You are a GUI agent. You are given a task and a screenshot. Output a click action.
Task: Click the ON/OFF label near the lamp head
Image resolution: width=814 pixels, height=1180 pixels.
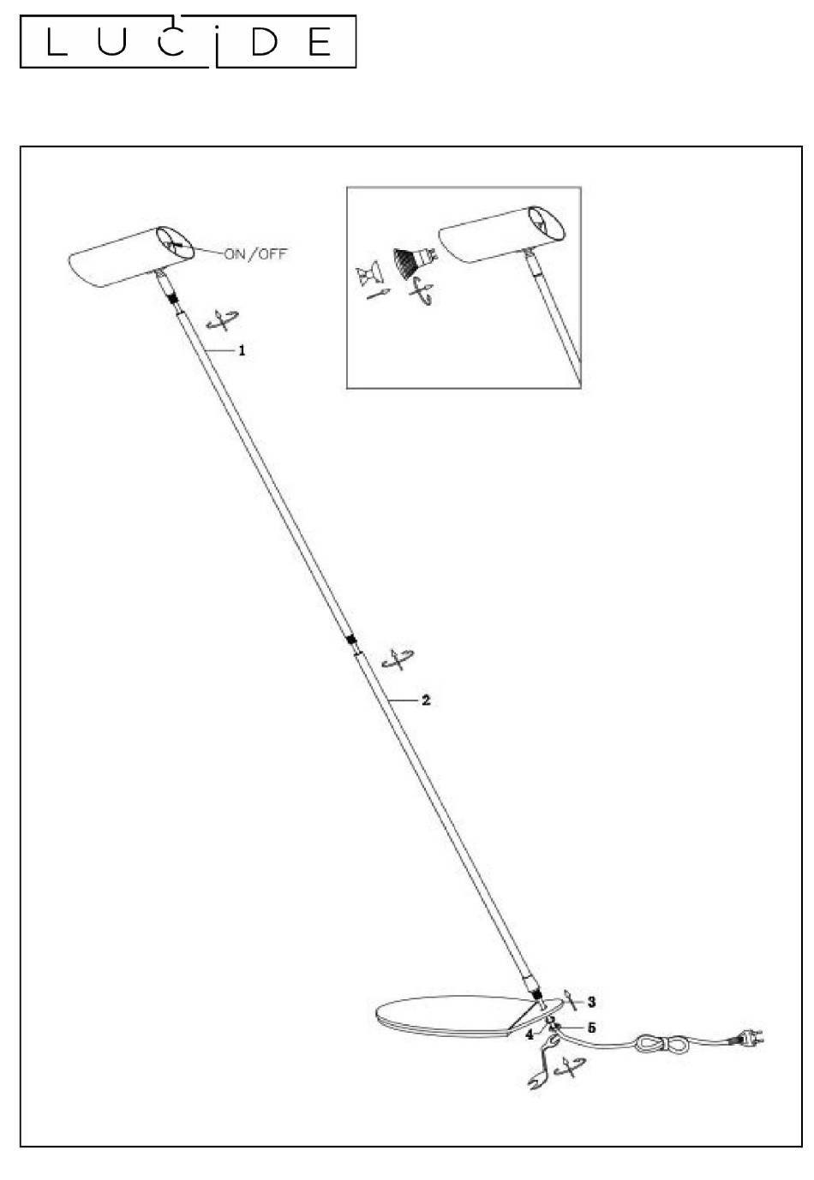[255, 254]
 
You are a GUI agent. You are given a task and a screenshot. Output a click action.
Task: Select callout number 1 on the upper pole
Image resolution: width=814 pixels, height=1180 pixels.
[242, 350]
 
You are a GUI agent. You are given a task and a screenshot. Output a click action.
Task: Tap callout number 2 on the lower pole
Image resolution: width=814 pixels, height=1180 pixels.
[426, 700]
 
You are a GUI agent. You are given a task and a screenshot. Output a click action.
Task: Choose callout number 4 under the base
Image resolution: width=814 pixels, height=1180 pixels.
[530, 1034]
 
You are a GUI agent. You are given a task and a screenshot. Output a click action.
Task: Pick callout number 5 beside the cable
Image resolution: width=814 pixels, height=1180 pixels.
[591, 1028]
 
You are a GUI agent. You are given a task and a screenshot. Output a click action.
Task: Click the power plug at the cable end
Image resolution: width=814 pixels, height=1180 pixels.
[746, 1040]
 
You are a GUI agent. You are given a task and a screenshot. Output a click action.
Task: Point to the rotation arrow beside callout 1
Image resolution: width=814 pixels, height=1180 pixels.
[223, 320]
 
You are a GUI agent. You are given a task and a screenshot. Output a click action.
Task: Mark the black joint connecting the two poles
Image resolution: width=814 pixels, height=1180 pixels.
[351, 640]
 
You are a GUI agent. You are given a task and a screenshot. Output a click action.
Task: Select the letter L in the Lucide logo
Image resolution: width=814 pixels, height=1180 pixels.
[57, 42]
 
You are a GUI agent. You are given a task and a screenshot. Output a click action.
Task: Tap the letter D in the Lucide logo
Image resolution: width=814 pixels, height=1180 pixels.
[264, 42]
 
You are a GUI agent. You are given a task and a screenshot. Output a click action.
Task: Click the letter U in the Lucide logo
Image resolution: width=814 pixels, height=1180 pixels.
[111, 42]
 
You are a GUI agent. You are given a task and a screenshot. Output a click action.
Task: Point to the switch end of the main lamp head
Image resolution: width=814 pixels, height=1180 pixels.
[176, 244]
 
